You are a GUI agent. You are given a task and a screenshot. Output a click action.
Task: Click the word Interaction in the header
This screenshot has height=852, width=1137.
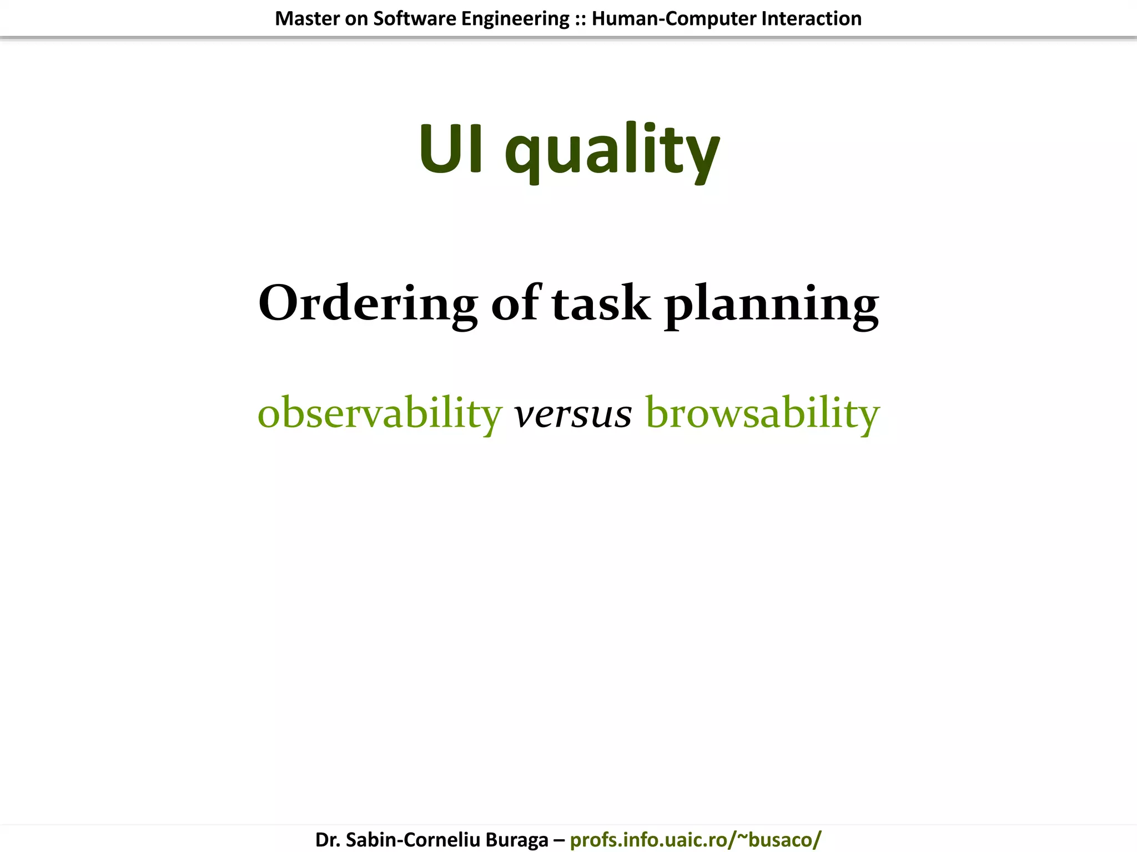[x=811, y=19]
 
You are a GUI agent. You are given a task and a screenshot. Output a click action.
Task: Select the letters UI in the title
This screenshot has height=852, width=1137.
[x=450, y=149]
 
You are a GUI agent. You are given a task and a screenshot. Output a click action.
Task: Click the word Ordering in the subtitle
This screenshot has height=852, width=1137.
[x=368, y=303]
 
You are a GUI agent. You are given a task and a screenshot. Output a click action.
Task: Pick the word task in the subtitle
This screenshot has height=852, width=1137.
[x=601, y=303]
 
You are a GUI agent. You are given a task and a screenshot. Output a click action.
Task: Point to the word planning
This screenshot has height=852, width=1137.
[x=771, y=305]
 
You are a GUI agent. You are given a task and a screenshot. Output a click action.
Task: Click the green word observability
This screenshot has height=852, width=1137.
[x=380, y=413]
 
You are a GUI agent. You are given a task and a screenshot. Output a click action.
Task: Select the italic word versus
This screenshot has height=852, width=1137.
[x=573, y=414]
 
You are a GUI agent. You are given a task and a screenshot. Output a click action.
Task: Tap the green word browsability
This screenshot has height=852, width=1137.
[x=762, y=413]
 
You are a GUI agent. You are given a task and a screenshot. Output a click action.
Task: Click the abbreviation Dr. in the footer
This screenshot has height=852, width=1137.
[x=328, y=840]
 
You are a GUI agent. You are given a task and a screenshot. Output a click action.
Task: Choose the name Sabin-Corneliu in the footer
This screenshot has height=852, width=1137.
[x=413, y=840]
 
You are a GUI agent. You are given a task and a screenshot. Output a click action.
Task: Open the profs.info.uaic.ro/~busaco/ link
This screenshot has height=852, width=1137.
[x=695, y=840]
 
